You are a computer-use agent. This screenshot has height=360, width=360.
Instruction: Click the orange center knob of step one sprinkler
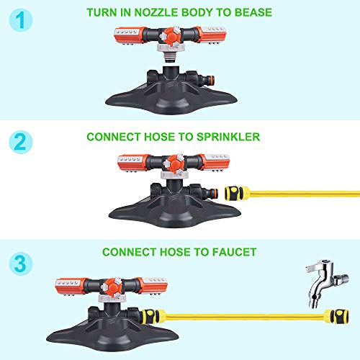[x=171, y=36]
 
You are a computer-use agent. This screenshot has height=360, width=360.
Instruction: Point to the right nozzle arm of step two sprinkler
[x=214, y=162]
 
